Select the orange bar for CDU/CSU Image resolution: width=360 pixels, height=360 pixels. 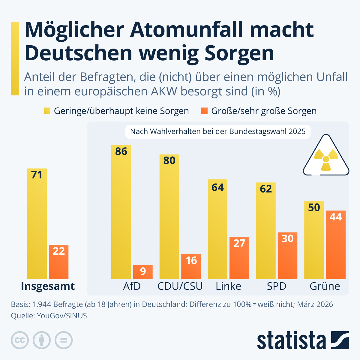tap(191, 267)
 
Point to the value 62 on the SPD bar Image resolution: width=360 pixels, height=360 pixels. tap(266, 189)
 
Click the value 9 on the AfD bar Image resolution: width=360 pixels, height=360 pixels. tap(143, 271)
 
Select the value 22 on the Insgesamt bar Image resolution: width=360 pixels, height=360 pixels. tap(59, 251)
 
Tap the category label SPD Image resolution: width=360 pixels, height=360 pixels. tap(276, 286)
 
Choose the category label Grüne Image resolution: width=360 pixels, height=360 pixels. tap(325, 286)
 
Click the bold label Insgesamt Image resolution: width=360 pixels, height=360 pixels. tap(48, 286)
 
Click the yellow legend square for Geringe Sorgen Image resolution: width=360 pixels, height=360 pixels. tap(47, 111)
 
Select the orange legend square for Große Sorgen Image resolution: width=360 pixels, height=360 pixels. tap(204, 111)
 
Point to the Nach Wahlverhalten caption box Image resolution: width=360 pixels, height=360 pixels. tap(218, 132)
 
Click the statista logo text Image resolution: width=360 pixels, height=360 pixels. tap(291, 340)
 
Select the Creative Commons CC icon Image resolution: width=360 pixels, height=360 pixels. tap(20, 340)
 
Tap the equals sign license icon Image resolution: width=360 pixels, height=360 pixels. tap(64, 340)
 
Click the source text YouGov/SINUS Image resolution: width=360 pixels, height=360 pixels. tap(62, 316)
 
